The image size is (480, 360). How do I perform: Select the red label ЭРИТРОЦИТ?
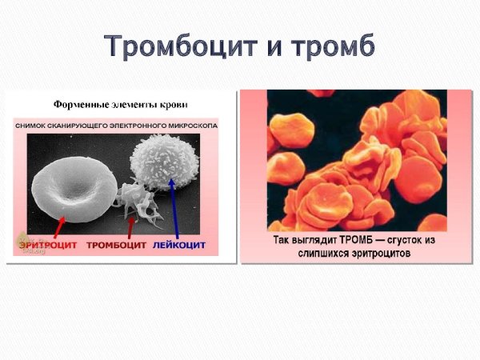pyautogui.click(x=47, y=244)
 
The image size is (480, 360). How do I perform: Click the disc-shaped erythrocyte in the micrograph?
pyautogui.click(x=70, y=185)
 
